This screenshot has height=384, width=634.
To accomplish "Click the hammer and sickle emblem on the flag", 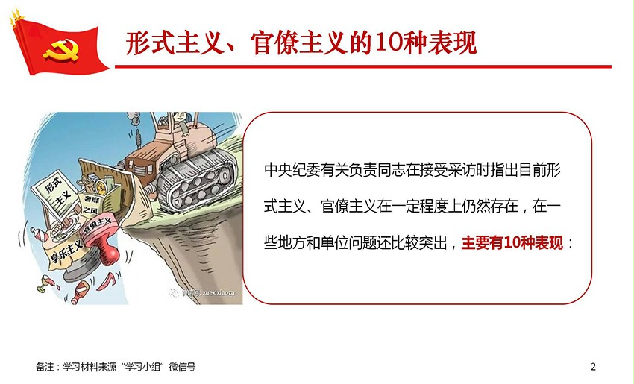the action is click(x=61, y=50).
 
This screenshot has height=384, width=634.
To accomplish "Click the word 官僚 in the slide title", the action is click(x=274, y=43).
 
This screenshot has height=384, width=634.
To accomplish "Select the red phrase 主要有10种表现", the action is click(x=512, y=243).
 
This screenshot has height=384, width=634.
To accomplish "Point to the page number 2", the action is click(x=593, y=367).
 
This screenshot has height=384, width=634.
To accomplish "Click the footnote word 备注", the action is click(x=45, y=367).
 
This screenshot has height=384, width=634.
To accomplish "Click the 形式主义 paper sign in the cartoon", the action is click(x=54, y=194).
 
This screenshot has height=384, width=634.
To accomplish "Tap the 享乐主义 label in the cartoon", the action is click(x=66, y=249).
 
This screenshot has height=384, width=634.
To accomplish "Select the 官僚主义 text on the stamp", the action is click(x=97, y=227).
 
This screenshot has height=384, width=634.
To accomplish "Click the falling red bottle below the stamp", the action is click(x=80, y=292).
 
